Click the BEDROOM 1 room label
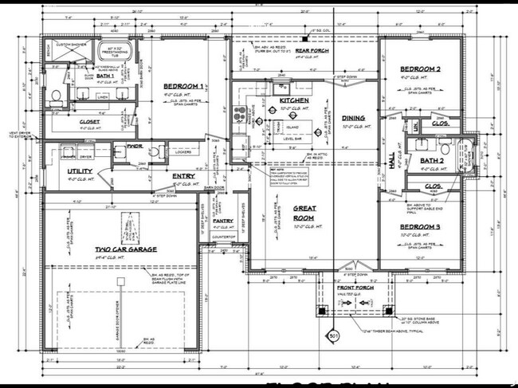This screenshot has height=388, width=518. [x=184, y=86]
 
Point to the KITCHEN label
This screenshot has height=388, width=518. [x=294, y=100]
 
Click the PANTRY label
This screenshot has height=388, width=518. [x=223, y=221]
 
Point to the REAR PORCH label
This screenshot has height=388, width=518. [x=312, y=51]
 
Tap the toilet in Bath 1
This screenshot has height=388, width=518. [x=57, y=99]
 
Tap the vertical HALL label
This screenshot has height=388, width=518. [x=391, y=162]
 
